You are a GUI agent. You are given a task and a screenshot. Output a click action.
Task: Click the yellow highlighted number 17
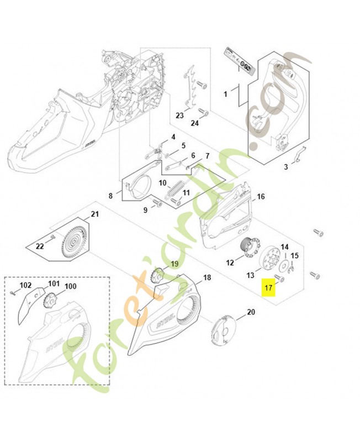click(268, 288)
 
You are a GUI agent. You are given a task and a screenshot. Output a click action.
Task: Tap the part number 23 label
click(179, 115)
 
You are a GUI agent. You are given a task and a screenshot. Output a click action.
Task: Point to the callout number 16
click(261, 196)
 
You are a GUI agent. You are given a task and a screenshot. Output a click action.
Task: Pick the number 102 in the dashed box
click(25, 285)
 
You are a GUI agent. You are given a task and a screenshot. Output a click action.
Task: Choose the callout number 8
click(110, 195)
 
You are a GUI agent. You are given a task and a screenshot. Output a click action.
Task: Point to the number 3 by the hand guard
click(286, 166)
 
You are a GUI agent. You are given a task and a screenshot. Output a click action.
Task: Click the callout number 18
click(207, 277)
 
